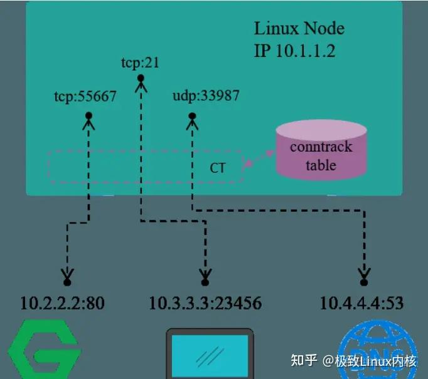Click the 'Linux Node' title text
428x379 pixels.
tap(299, 29)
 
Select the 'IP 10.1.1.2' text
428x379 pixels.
tap(294, 51)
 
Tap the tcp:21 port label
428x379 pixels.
tap(141, 63)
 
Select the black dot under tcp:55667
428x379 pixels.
tap(89, 116)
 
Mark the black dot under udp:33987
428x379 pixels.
tap(192, 116)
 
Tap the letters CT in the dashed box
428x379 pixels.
tap(217, 168)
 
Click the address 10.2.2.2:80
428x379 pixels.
tap(62, 304)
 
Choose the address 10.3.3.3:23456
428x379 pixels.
tap(205, 304)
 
